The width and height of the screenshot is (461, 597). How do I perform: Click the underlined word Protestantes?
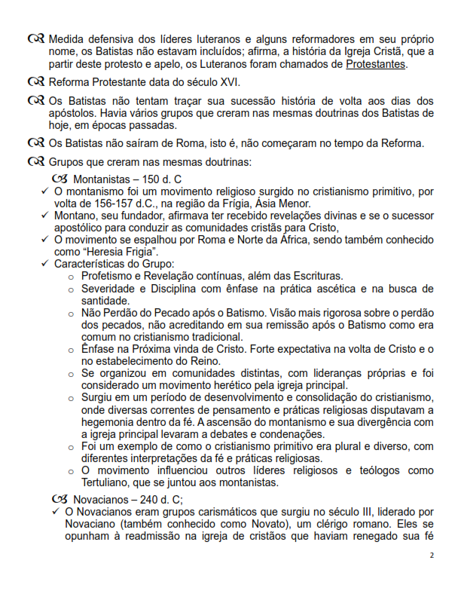click(376, 65)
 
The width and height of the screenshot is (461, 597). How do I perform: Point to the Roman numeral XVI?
click(228, 82)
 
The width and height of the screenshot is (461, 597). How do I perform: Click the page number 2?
click(432, 556)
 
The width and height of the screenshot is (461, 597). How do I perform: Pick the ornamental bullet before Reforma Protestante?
click(35, 82)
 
